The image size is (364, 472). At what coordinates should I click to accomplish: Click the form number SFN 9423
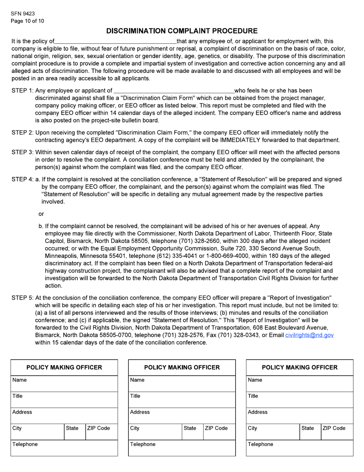(23, 14)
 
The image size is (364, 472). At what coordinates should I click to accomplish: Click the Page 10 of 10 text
(28, 21)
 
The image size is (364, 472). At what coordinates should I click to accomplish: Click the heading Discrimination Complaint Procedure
(182, 31)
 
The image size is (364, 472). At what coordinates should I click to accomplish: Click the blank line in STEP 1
(174, 91)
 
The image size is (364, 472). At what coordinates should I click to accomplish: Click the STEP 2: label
(23, 133)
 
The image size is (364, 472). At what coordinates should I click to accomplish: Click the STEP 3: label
(23, 152)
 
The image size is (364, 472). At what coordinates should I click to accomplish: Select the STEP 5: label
(23, 298)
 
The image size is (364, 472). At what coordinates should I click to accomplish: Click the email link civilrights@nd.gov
(309, 335)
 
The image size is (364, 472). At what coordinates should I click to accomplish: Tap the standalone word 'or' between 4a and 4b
(41, 214)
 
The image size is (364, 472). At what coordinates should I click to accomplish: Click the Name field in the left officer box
(64, 384)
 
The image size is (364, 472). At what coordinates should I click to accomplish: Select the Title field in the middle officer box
(182, 400)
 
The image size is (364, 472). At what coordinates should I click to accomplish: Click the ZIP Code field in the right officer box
(337, 432)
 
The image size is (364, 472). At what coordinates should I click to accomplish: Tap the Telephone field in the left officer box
(64, 448)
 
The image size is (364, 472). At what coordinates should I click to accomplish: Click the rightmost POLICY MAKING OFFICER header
(300, 368)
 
